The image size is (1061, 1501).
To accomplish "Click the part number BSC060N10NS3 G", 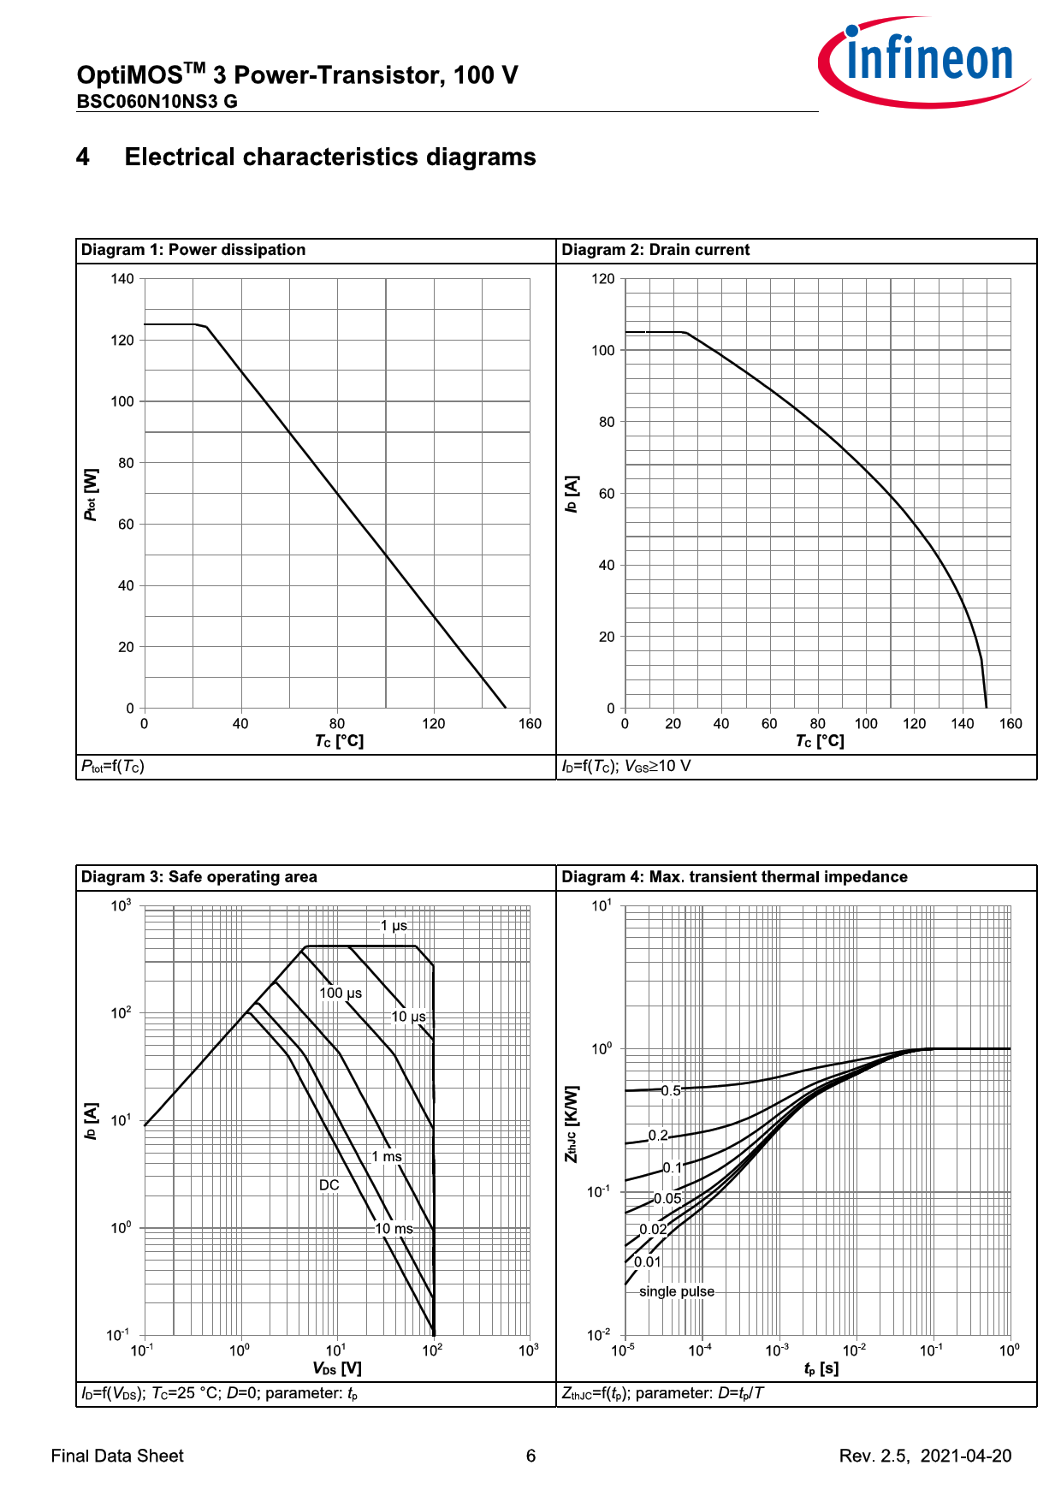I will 157,101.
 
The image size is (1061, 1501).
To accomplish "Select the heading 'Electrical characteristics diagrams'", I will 330,157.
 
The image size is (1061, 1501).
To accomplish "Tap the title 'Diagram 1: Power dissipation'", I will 193,250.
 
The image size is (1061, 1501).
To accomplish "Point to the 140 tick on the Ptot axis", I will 122,279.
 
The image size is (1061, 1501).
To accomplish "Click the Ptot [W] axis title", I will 91,495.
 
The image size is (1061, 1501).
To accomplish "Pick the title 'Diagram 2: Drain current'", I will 655,250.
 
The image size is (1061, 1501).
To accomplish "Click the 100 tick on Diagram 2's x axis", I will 866,724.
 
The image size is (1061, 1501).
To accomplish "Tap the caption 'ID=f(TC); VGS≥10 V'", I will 626,766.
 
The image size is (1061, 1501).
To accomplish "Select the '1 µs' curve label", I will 394,926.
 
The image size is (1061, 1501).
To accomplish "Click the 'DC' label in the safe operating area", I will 329,1185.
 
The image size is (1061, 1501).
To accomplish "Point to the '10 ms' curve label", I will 394,1229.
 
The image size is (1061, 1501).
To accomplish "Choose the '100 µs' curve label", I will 341,994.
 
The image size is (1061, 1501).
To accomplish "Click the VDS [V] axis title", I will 337,1368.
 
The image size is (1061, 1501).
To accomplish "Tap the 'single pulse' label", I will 676,1291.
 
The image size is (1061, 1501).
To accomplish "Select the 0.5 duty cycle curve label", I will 672,1091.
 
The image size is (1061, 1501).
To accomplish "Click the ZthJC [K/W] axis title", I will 572,1124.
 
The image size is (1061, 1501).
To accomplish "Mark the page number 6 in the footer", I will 530,1456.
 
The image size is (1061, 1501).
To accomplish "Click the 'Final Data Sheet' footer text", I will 117,1456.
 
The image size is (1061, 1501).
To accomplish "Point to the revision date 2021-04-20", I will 966,1456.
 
